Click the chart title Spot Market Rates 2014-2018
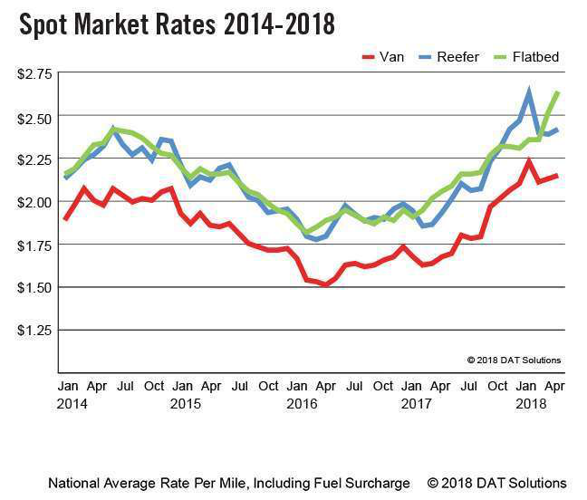(178, 24)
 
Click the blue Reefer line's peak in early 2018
(529, 91)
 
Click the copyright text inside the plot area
(514, 360)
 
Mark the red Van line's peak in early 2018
(529, 161)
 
